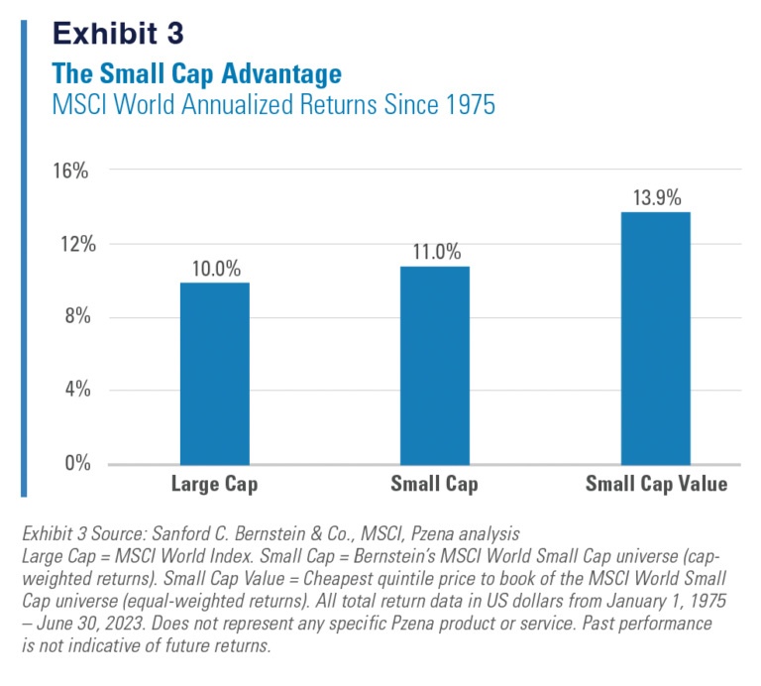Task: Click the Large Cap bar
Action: coord(215,374)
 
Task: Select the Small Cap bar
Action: coord(435,365)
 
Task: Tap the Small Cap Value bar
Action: coord(655,338)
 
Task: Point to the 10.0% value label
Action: coord(215,269)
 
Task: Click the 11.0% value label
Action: coord(435,252)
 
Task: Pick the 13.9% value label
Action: coord(656,197)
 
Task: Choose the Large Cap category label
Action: coord(215,485)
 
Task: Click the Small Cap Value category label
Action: coord(656,485)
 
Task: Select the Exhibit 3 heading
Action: coord(119,33)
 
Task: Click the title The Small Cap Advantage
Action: coord(197,74)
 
